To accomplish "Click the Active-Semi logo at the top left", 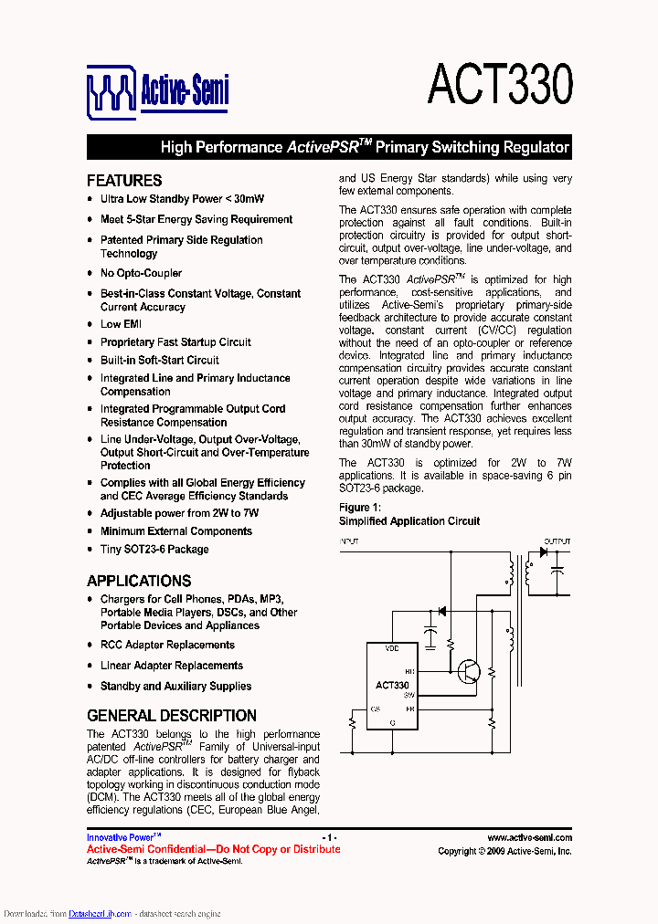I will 157,90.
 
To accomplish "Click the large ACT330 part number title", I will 500,85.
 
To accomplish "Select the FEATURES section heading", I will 124,180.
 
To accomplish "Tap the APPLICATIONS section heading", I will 139,581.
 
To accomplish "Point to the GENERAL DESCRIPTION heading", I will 171,716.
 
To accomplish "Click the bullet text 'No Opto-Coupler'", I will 141,273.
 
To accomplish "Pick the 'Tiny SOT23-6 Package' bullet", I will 154,550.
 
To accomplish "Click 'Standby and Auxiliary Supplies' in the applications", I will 175,687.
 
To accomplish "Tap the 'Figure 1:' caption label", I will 359,508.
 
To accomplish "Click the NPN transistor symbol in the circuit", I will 470,671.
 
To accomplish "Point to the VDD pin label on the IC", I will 392,648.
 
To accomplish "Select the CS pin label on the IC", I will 375,709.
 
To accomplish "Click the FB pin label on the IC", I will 409,709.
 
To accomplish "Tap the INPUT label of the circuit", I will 350,541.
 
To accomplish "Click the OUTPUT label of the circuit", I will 557,541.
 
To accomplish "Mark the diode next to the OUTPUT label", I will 543,552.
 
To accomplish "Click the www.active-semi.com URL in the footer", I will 529,838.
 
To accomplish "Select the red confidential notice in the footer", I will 213,849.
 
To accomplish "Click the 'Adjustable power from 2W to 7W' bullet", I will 179,513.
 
